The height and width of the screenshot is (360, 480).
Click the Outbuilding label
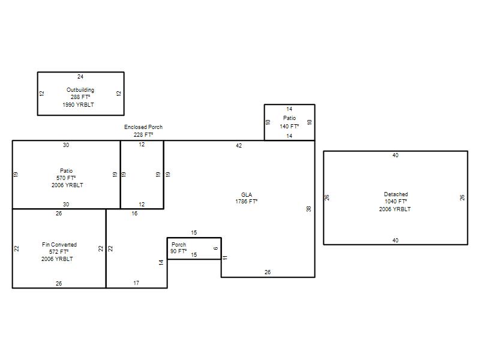(80, 89)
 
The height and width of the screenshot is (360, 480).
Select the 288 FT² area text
(80, 97)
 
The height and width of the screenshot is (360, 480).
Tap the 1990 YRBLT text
(79, 104)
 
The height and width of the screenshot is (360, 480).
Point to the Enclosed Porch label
(143, 127)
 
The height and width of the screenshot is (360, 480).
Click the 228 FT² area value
(143, 134)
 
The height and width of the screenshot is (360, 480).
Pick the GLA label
(247, 194)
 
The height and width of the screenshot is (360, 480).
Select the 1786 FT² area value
(247, 202)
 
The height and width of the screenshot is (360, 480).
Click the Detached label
(396, 194)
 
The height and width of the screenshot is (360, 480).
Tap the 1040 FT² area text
(396, 202)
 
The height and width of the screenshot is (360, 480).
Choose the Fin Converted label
(59, 245)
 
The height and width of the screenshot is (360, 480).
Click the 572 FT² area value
(59, 251)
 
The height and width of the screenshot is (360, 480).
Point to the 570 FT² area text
(66, 178)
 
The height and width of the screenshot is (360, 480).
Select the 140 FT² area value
(289, 126)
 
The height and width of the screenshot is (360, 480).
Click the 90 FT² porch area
(178, 251)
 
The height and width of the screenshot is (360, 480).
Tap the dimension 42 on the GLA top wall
(239, 146)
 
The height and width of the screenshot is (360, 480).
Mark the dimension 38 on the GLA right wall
(308, 209)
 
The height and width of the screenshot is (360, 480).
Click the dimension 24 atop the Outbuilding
(80, 77)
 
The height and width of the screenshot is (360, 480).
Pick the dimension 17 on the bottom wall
(136, 283)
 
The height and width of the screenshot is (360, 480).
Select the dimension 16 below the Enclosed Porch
(134, 214)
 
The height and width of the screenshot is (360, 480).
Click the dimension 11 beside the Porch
(225, 258)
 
